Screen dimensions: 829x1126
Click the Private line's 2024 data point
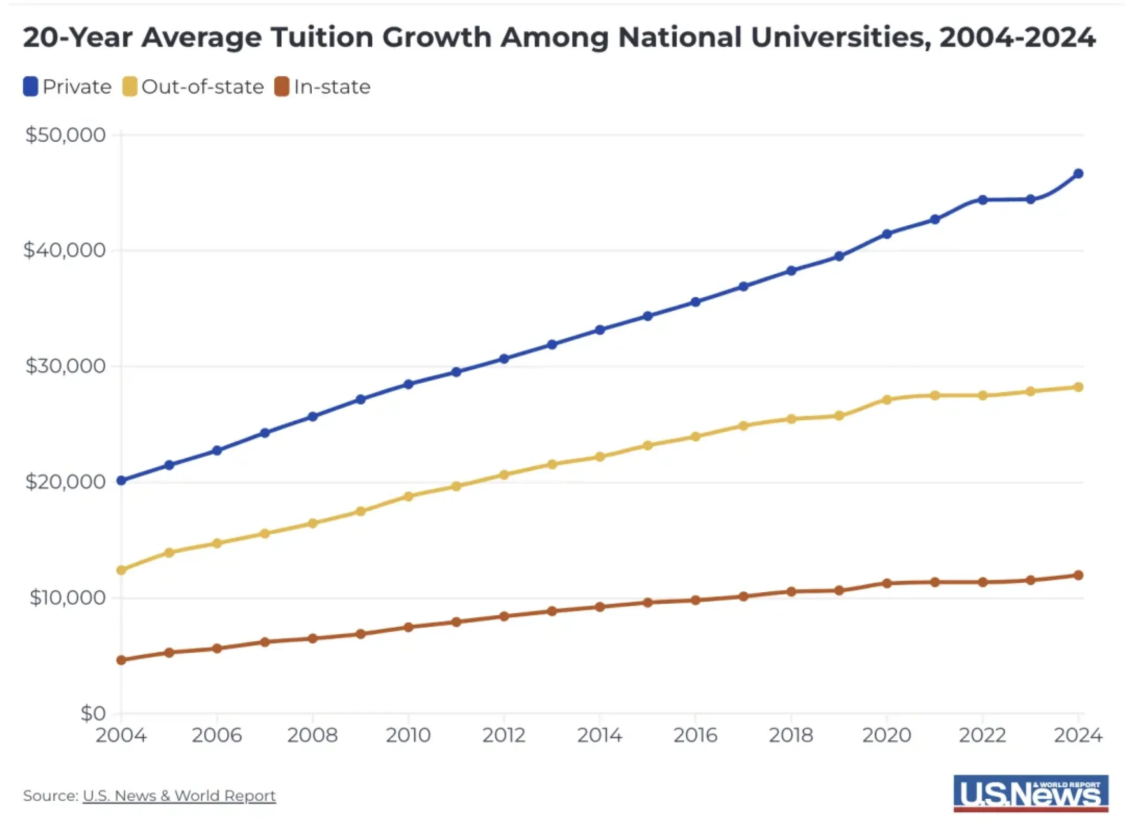click(1078, 174)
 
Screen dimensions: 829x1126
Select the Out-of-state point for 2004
click(121, 570)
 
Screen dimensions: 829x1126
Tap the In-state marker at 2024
click(1078, 575)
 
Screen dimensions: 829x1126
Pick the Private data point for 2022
click(983, 200)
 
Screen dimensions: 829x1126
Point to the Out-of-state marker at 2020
click(887, 399)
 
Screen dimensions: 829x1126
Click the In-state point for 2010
click(409, 627)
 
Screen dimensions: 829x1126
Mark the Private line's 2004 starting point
click(121, 480)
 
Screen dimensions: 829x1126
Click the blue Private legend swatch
click(31, 87)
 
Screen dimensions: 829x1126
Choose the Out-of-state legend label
click(203, 87)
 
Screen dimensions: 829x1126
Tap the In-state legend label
click(332, 87)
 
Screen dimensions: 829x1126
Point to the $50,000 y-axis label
click(66, 135)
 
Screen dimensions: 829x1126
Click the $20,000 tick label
click(66, 481)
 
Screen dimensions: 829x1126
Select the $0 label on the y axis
click(93, 713)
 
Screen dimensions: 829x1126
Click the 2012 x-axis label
click(504, 735)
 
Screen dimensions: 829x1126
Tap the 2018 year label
click(791, 735)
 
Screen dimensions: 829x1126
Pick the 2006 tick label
click(217, 735)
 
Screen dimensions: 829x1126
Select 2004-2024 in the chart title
click(1017, 38)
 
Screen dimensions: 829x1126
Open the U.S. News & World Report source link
click(179, 796)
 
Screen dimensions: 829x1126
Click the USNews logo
click(1031, 793)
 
